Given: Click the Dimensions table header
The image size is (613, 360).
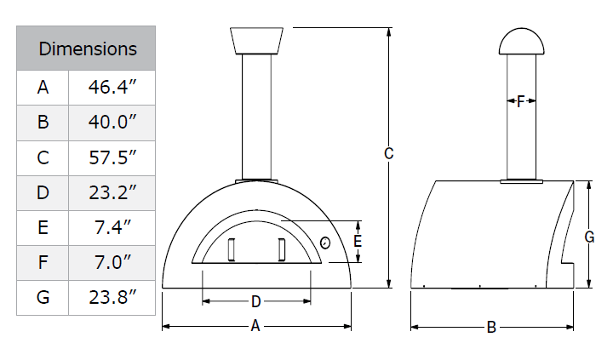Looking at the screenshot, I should (87, 49).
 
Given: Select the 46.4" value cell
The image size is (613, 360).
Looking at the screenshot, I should (112, 87).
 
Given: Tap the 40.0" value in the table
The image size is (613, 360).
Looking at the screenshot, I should (112, 122).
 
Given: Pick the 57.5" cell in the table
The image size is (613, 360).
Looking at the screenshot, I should (112, 157).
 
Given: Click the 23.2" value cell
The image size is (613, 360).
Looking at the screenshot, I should (112, 192).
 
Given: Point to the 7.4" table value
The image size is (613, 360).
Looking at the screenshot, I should (112, 227).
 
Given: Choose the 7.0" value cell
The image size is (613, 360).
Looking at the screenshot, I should (112, 262).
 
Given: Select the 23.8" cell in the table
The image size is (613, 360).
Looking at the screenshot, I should (112, 297).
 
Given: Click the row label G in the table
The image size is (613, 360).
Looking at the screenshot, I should (43, 297).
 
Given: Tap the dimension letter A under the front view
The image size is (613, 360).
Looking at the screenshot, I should (255, 326).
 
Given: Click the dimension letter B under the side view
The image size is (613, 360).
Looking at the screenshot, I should (490, 326).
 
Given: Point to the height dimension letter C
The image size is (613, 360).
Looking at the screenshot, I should (388, 154).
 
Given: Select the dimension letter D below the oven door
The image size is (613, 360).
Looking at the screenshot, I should (255, 301).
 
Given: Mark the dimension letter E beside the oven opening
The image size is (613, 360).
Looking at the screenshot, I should (358, 242).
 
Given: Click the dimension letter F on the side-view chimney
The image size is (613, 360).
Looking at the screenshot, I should (520, 102).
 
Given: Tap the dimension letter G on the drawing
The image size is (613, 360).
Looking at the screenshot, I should (589, 237).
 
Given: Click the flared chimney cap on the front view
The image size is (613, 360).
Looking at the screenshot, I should (258, 41).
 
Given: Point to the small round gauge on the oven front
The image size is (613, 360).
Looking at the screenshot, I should (325, 243).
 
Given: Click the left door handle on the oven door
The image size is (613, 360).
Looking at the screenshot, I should (232, 249).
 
